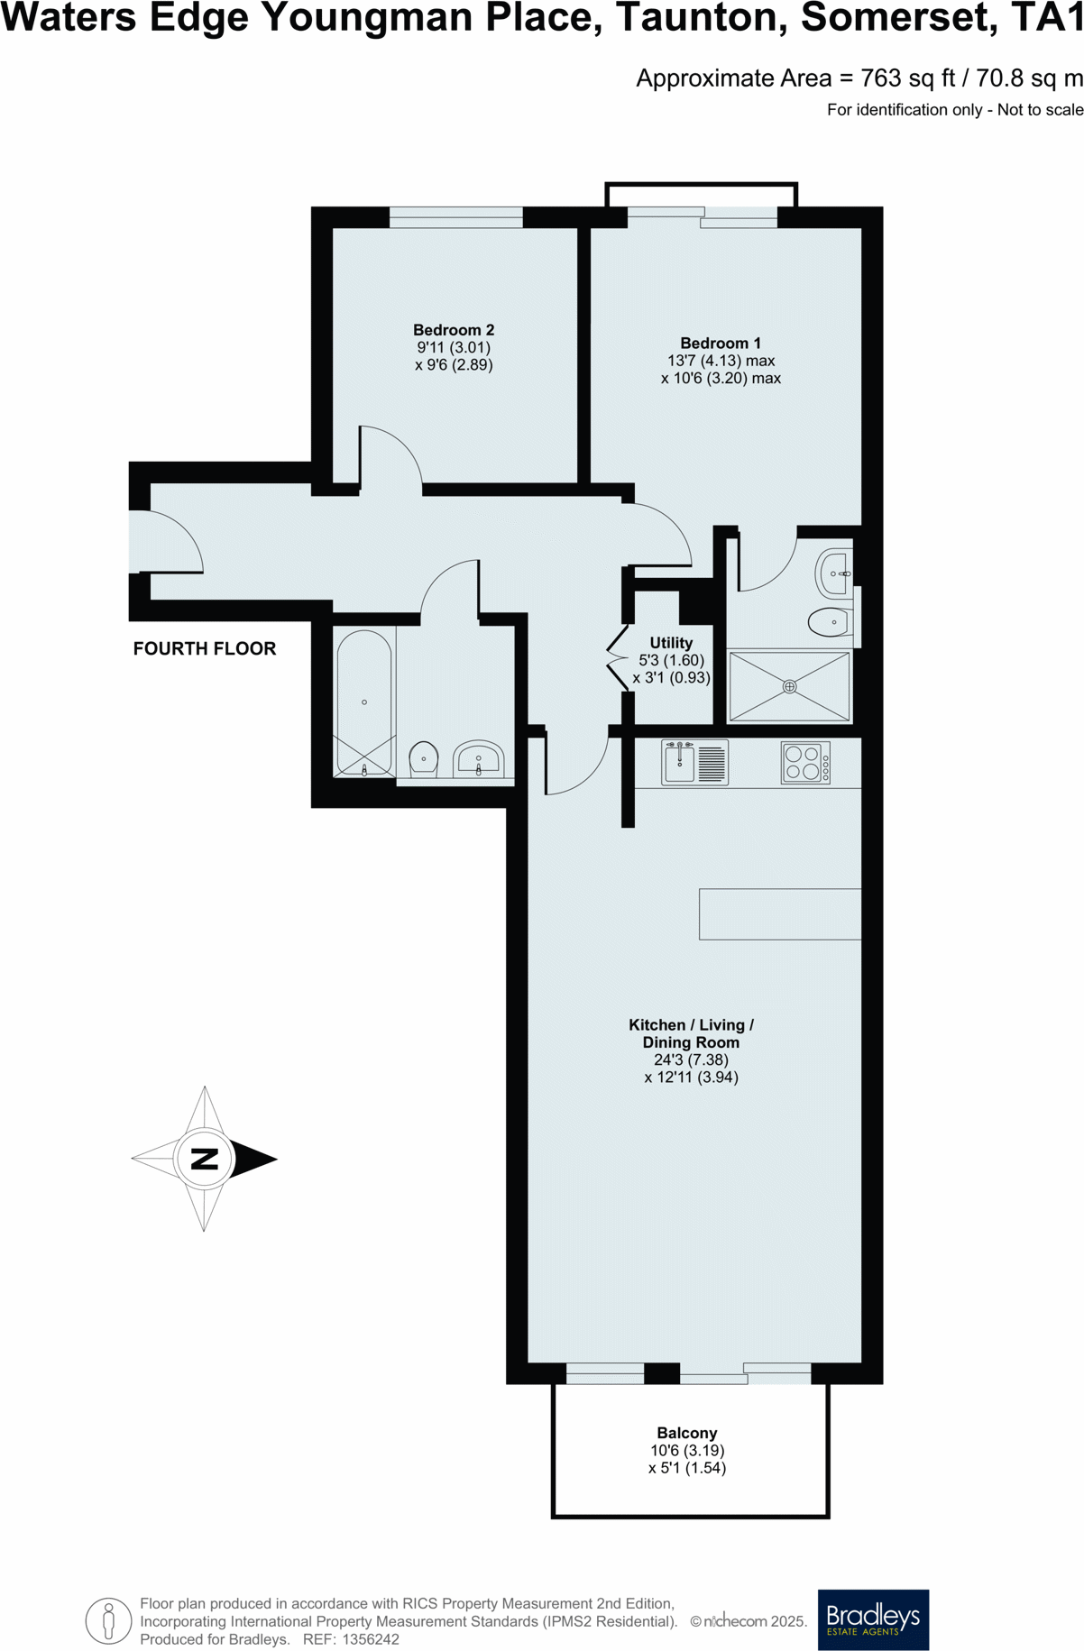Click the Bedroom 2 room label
454,330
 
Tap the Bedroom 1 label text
721,344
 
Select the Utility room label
671,643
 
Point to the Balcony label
687,1433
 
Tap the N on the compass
205,1159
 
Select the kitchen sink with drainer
694,763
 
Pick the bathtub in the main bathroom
364,702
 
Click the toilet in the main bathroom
424,759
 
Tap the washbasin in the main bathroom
478,759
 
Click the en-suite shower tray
789,686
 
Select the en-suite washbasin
833,573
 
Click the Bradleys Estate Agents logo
873,1619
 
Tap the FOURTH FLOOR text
205,648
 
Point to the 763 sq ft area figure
907,78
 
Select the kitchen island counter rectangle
780,914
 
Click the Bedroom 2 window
456,217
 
